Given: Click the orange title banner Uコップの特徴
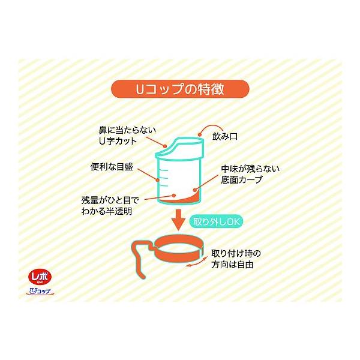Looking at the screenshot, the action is tap(180, 89).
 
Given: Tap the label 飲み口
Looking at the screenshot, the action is tap(225, 137).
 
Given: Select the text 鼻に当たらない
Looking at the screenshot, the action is tap(127, 130).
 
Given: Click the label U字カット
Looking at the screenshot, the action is tap(118, 141).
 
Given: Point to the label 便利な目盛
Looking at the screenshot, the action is tap(112, 167).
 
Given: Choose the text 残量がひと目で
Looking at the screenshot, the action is tap(110, 200).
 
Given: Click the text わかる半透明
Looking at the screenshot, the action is tap(107, 211).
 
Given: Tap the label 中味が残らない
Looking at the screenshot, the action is tap(250, 169).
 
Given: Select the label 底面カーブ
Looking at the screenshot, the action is tap(242, 179).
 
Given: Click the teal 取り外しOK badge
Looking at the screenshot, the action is tap(216, 221).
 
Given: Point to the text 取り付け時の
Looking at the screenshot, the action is tap(236, 254).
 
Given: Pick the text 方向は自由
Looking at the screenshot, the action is tap(232, 265).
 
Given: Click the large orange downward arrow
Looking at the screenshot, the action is tap(178, 220).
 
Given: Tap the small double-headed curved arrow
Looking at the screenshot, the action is tap(196, 262).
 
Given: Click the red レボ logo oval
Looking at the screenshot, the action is tap(40, 277).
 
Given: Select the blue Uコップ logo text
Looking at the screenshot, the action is tap(40, 291).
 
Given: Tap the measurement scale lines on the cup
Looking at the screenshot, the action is tap(164, 178).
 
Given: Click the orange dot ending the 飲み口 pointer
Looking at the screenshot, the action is tap(199, 135).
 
